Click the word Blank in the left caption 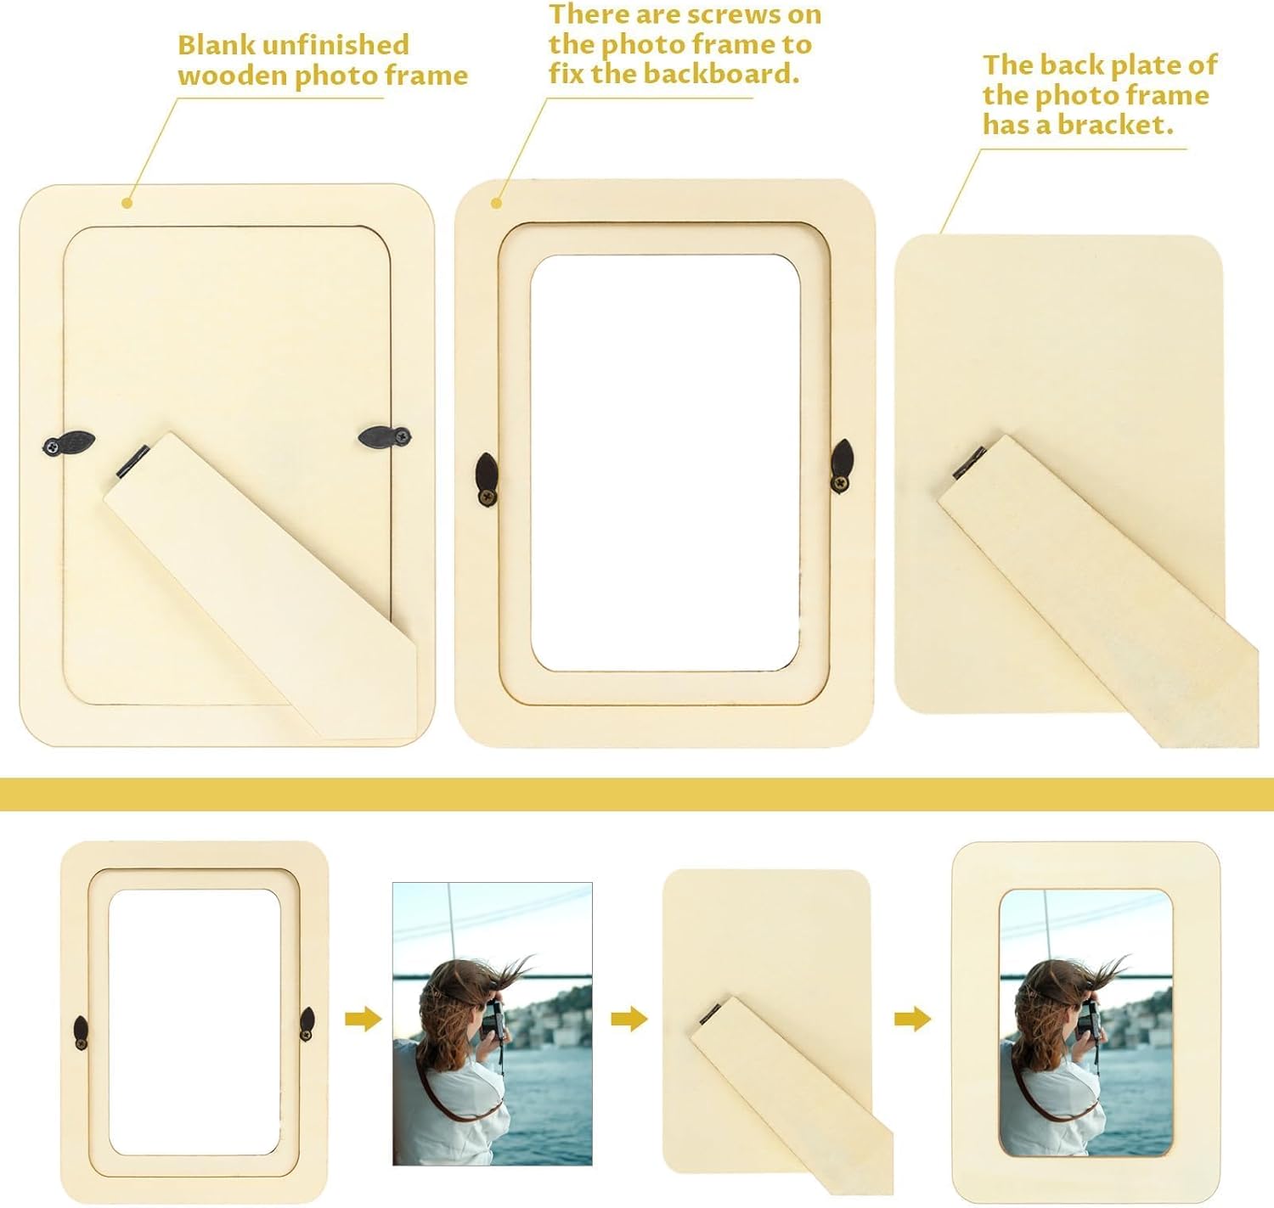[x=208, y=45]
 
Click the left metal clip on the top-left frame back [x=69, y=443]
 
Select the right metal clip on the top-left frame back [x=385, y=437]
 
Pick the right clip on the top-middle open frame [x=842, y=465]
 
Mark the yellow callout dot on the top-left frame [x=127, y=202]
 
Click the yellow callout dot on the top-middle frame [x=497, y=202]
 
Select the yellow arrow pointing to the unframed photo [x=363, y=1019]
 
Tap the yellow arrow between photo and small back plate [x=629, y=1019]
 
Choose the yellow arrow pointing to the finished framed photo [x=912, y=1019]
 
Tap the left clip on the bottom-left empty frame [x=81, y=1032]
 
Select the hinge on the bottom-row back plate [x=711, y=1012]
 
